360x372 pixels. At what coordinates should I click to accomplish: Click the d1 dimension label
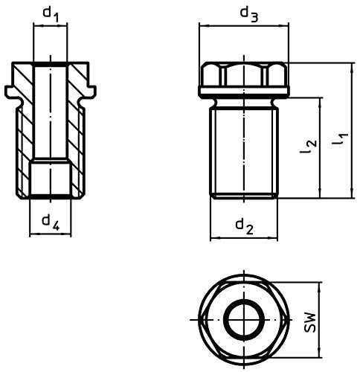coord(51,14)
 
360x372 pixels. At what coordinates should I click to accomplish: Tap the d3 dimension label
coord(249,14)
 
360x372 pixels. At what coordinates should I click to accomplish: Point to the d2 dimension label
coord(244,226)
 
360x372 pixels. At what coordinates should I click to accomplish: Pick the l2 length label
coord(308,147)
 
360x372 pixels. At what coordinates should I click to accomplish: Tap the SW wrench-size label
coord(310,322)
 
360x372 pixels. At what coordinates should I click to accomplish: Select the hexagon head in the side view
coord(244,74)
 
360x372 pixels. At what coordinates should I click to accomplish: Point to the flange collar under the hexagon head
coord(244,91)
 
